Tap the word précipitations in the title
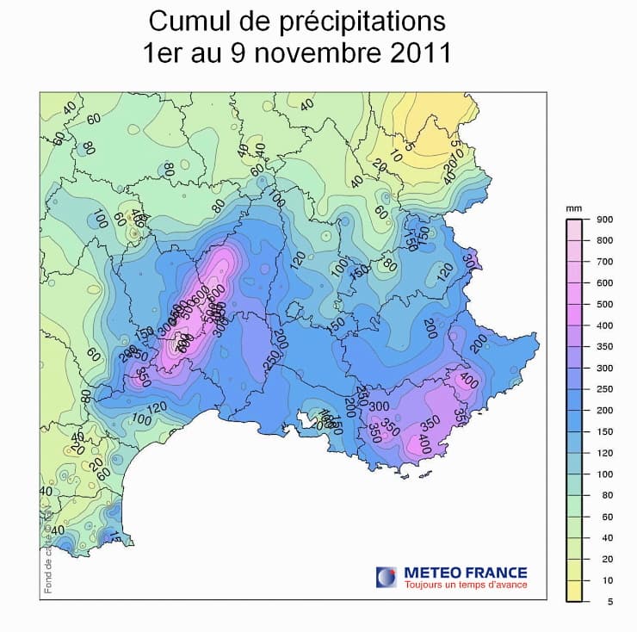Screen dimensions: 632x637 click(x=350, y=22)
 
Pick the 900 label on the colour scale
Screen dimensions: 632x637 click(x=604, y=220)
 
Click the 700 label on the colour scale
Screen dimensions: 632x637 click(x=604, y=262)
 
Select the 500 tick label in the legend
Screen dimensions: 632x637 click(x=604, y=304)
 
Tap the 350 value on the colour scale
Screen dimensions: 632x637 click(x=604, y=347)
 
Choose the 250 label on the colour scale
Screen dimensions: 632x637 click(x=604, y=389)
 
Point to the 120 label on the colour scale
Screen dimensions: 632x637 click(x=604, y=453)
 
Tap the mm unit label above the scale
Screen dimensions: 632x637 click(x=572, y=208)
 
